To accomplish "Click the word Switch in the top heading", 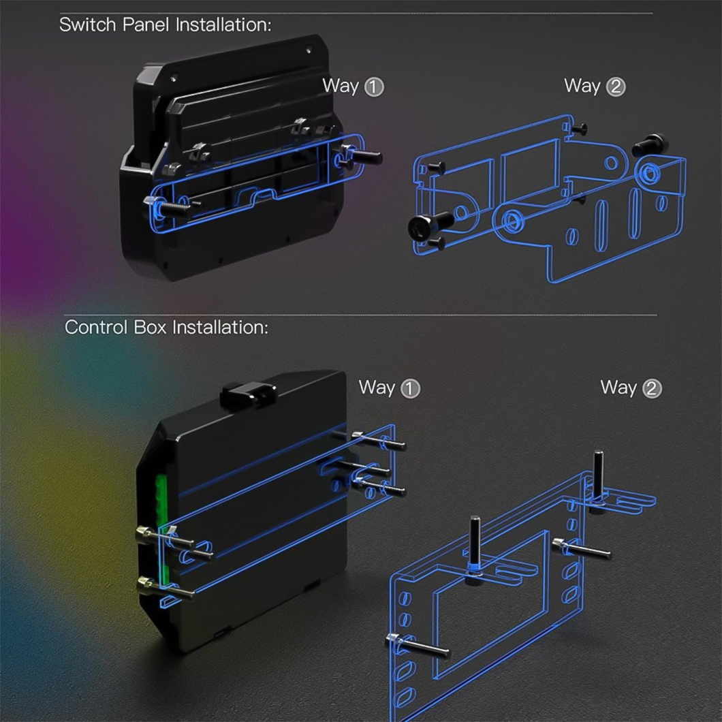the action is point(87,25).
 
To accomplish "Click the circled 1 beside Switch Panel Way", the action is point(374,87).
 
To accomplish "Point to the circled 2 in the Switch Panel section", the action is point(616,87).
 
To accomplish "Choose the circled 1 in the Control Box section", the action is point(410,389).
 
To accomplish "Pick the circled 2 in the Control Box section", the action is point(652,389).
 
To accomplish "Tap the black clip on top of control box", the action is point(248,394).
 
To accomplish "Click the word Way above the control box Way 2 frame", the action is point(618,388).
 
